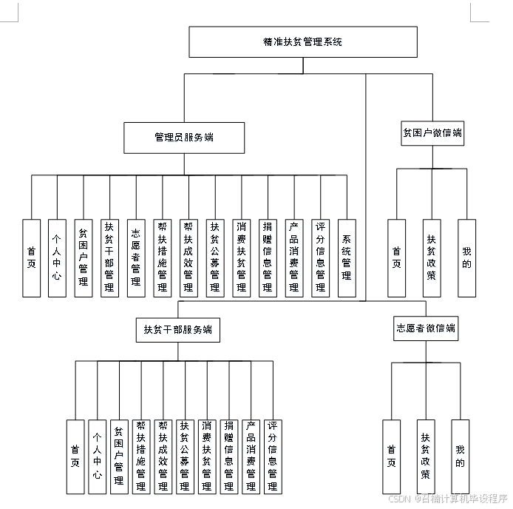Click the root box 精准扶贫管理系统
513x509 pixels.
coord(303,42)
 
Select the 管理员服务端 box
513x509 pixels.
coord(184,137)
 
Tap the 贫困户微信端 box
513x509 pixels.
coord(432,133)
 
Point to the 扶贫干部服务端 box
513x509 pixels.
coord(177,329)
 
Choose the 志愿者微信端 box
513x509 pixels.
coord(425,328)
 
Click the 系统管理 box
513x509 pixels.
coord(347,257)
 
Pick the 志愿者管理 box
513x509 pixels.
coord(135,257)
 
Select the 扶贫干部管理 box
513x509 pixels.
coord(109,257)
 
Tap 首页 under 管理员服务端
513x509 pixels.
coord(31,257)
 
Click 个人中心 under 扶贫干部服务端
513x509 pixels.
coord(97,456)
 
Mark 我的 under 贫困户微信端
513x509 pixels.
coord(466,257)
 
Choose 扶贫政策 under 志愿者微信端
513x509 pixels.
coord(424,456)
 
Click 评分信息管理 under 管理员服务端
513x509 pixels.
coord(320,257)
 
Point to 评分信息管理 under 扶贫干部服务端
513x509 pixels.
coord(273,456)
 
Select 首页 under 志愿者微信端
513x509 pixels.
coord(391,456)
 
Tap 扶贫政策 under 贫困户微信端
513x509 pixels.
coord(432,257)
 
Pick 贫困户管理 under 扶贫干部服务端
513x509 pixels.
coord(118,456)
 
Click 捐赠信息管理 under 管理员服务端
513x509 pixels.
coord(267,257)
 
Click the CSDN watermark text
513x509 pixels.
coord(449,499)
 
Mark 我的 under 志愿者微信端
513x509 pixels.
coord(460,456)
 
